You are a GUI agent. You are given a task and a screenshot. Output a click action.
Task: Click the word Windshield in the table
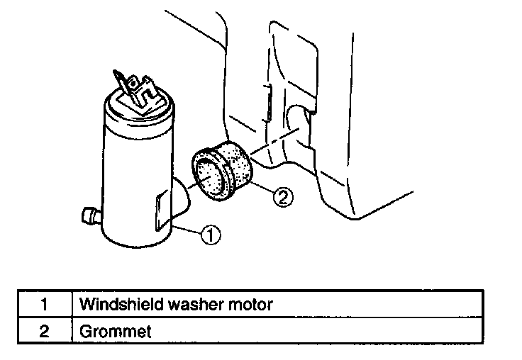click(115, 305)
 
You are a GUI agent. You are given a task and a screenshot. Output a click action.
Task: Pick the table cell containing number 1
click(44, 305)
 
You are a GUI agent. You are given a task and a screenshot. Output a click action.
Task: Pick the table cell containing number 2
click(44, 331)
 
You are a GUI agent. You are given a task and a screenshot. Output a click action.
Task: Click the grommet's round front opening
click(210, 176)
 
